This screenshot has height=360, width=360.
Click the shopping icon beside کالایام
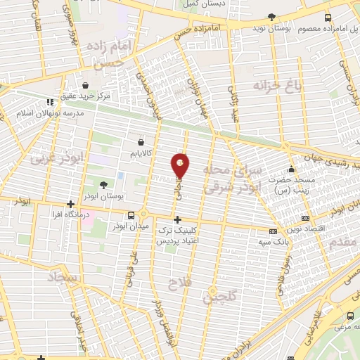141,141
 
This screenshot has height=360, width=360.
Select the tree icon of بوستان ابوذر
104,185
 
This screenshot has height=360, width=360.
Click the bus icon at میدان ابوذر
131,215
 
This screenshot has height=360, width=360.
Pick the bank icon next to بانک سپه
274,231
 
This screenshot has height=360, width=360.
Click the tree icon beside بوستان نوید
272,17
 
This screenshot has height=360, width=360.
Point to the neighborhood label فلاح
177,284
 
